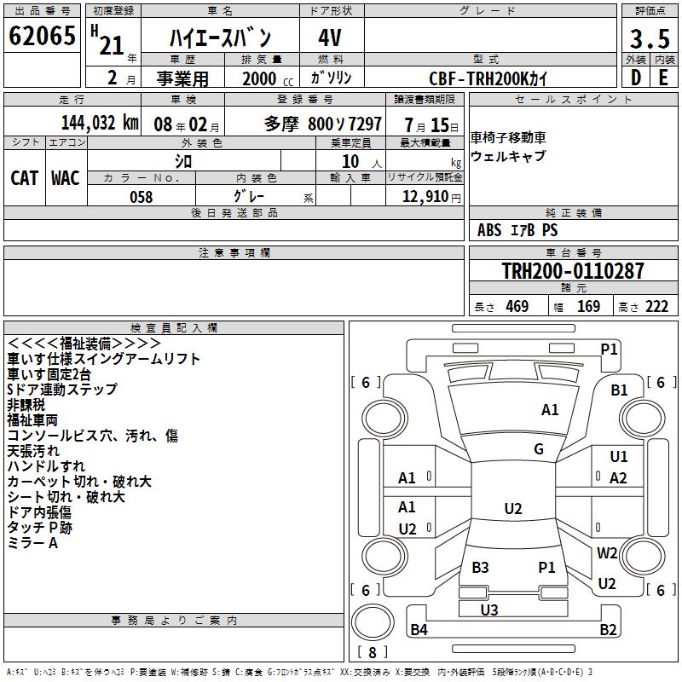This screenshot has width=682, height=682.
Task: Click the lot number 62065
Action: [x=43, y=38]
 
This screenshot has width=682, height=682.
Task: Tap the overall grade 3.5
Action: [x=649, y=39]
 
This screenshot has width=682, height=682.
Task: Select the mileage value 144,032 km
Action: [x=100, y=122]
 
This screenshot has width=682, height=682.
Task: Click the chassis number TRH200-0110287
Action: [x=572, y=271]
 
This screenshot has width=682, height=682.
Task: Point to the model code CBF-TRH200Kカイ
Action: [x=488, y=78]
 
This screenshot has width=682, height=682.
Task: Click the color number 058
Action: [x=141, y=197]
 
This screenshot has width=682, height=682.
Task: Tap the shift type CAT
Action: [x=24, y=177]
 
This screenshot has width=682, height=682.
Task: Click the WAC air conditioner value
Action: [x=65, y=177]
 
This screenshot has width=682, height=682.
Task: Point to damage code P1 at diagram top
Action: [x=609, y=348]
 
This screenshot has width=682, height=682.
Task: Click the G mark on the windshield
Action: [x=539, y=449]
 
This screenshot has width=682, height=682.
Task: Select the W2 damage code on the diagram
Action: [x=607, y=552]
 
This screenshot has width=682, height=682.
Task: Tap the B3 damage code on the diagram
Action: [x=480, y=567]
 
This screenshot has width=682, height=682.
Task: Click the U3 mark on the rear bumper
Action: [x=488, y=610]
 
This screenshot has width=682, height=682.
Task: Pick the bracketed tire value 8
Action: [x=372, y=652]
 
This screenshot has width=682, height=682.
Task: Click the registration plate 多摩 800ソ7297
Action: [x=322, y=122]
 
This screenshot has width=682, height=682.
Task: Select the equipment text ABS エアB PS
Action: [x=517, y=230]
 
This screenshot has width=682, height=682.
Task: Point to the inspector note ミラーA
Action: [x=32, y=543]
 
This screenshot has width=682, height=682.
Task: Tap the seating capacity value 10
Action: [x=350, y=161]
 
